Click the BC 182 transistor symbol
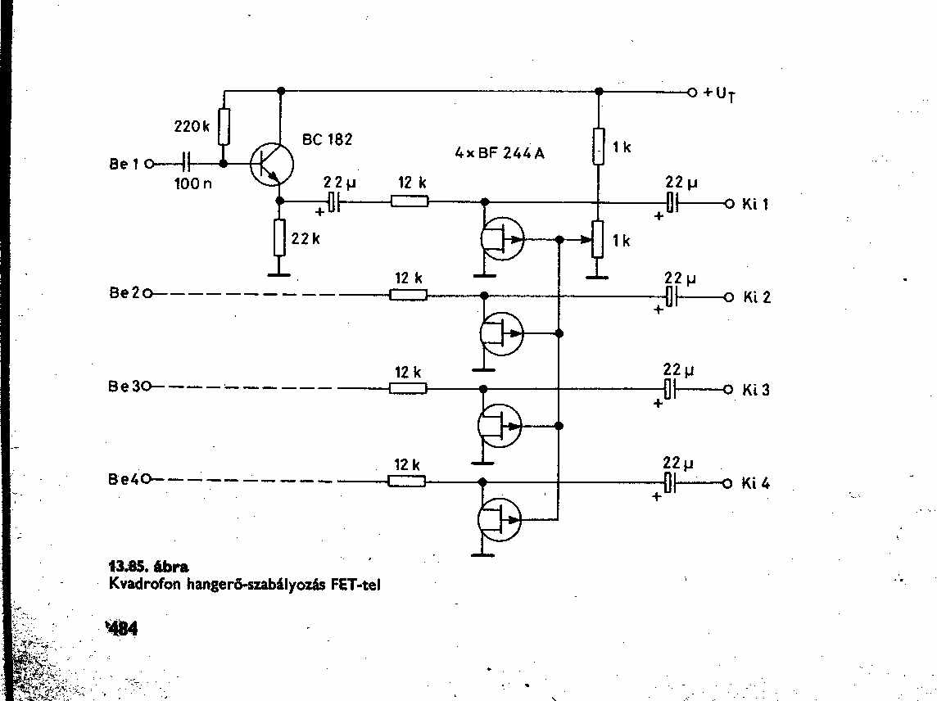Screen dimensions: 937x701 tap(272, 165)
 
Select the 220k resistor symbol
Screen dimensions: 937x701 tap(224, 126)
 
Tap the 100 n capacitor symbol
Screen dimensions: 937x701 tap(187, 162)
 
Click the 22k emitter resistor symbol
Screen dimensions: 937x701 tap(279, 237)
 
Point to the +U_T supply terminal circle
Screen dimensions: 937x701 tap(692, 93)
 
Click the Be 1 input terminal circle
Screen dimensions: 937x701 tap(149, 163)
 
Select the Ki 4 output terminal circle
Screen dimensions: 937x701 tap(727, 483)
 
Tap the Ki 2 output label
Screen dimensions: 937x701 tap(757, 297)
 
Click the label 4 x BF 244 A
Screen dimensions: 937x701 tap(500, 153)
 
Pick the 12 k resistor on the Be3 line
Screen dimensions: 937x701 tap(408, 388)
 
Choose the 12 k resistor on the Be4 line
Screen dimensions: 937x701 tap(407, 481)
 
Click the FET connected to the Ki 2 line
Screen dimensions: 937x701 tap(501, 333)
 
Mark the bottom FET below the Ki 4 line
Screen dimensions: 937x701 tap(500, 519)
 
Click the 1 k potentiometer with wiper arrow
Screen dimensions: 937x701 tap(598, 239)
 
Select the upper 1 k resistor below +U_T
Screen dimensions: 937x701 tap(599, 146)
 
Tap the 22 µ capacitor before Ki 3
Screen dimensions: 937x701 tap(671, 389)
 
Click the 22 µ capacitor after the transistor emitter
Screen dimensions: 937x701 tap(334, 202)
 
